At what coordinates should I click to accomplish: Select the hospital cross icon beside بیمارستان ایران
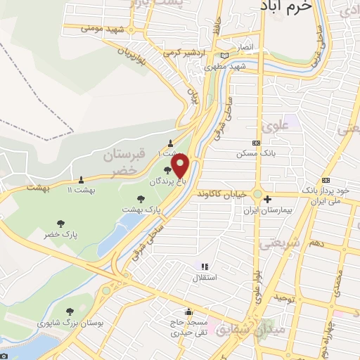point(267,200)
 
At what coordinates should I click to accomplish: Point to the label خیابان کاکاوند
point(224,193)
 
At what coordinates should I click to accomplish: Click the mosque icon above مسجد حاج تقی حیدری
point(188,313)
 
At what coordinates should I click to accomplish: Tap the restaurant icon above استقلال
point(205,266)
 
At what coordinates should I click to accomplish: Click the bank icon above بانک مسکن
point(256,141)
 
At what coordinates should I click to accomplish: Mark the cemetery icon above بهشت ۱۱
point(82,179)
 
